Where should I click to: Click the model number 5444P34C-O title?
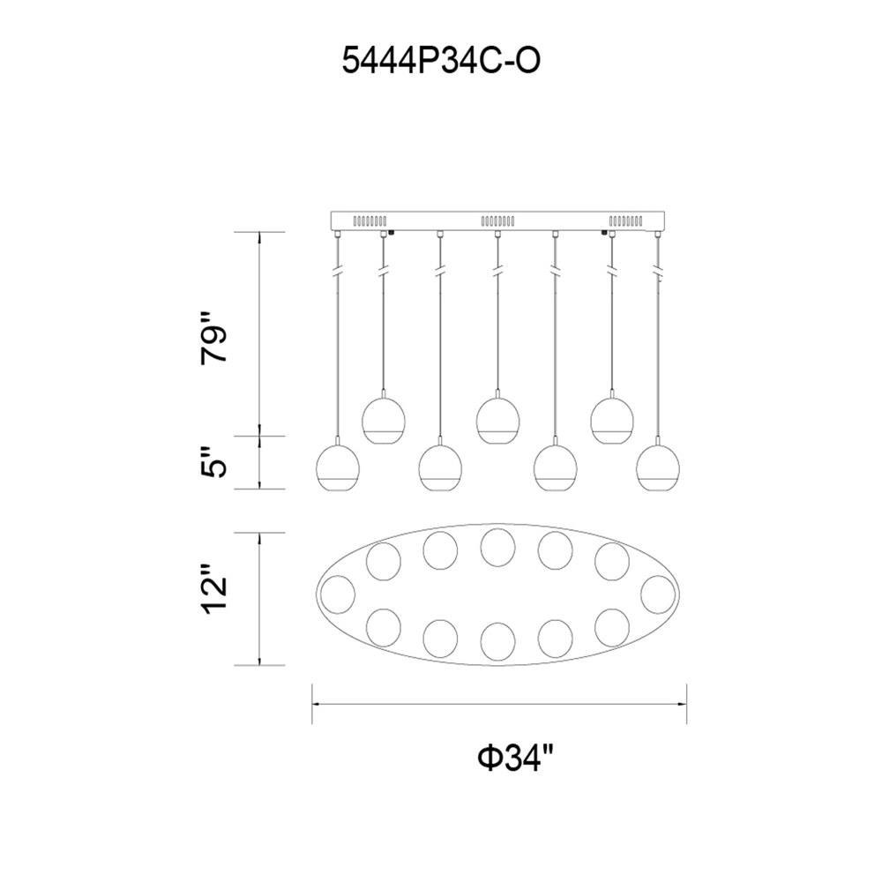coord(441,61)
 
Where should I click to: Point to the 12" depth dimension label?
coord(214,587)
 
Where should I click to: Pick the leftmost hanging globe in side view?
coord(338,467)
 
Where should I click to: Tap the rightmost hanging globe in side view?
coord(658,467)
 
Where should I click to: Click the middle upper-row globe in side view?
coord(497,420)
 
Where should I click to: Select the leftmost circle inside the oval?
coord(338,594)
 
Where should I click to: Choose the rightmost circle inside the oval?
coord(658,594)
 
